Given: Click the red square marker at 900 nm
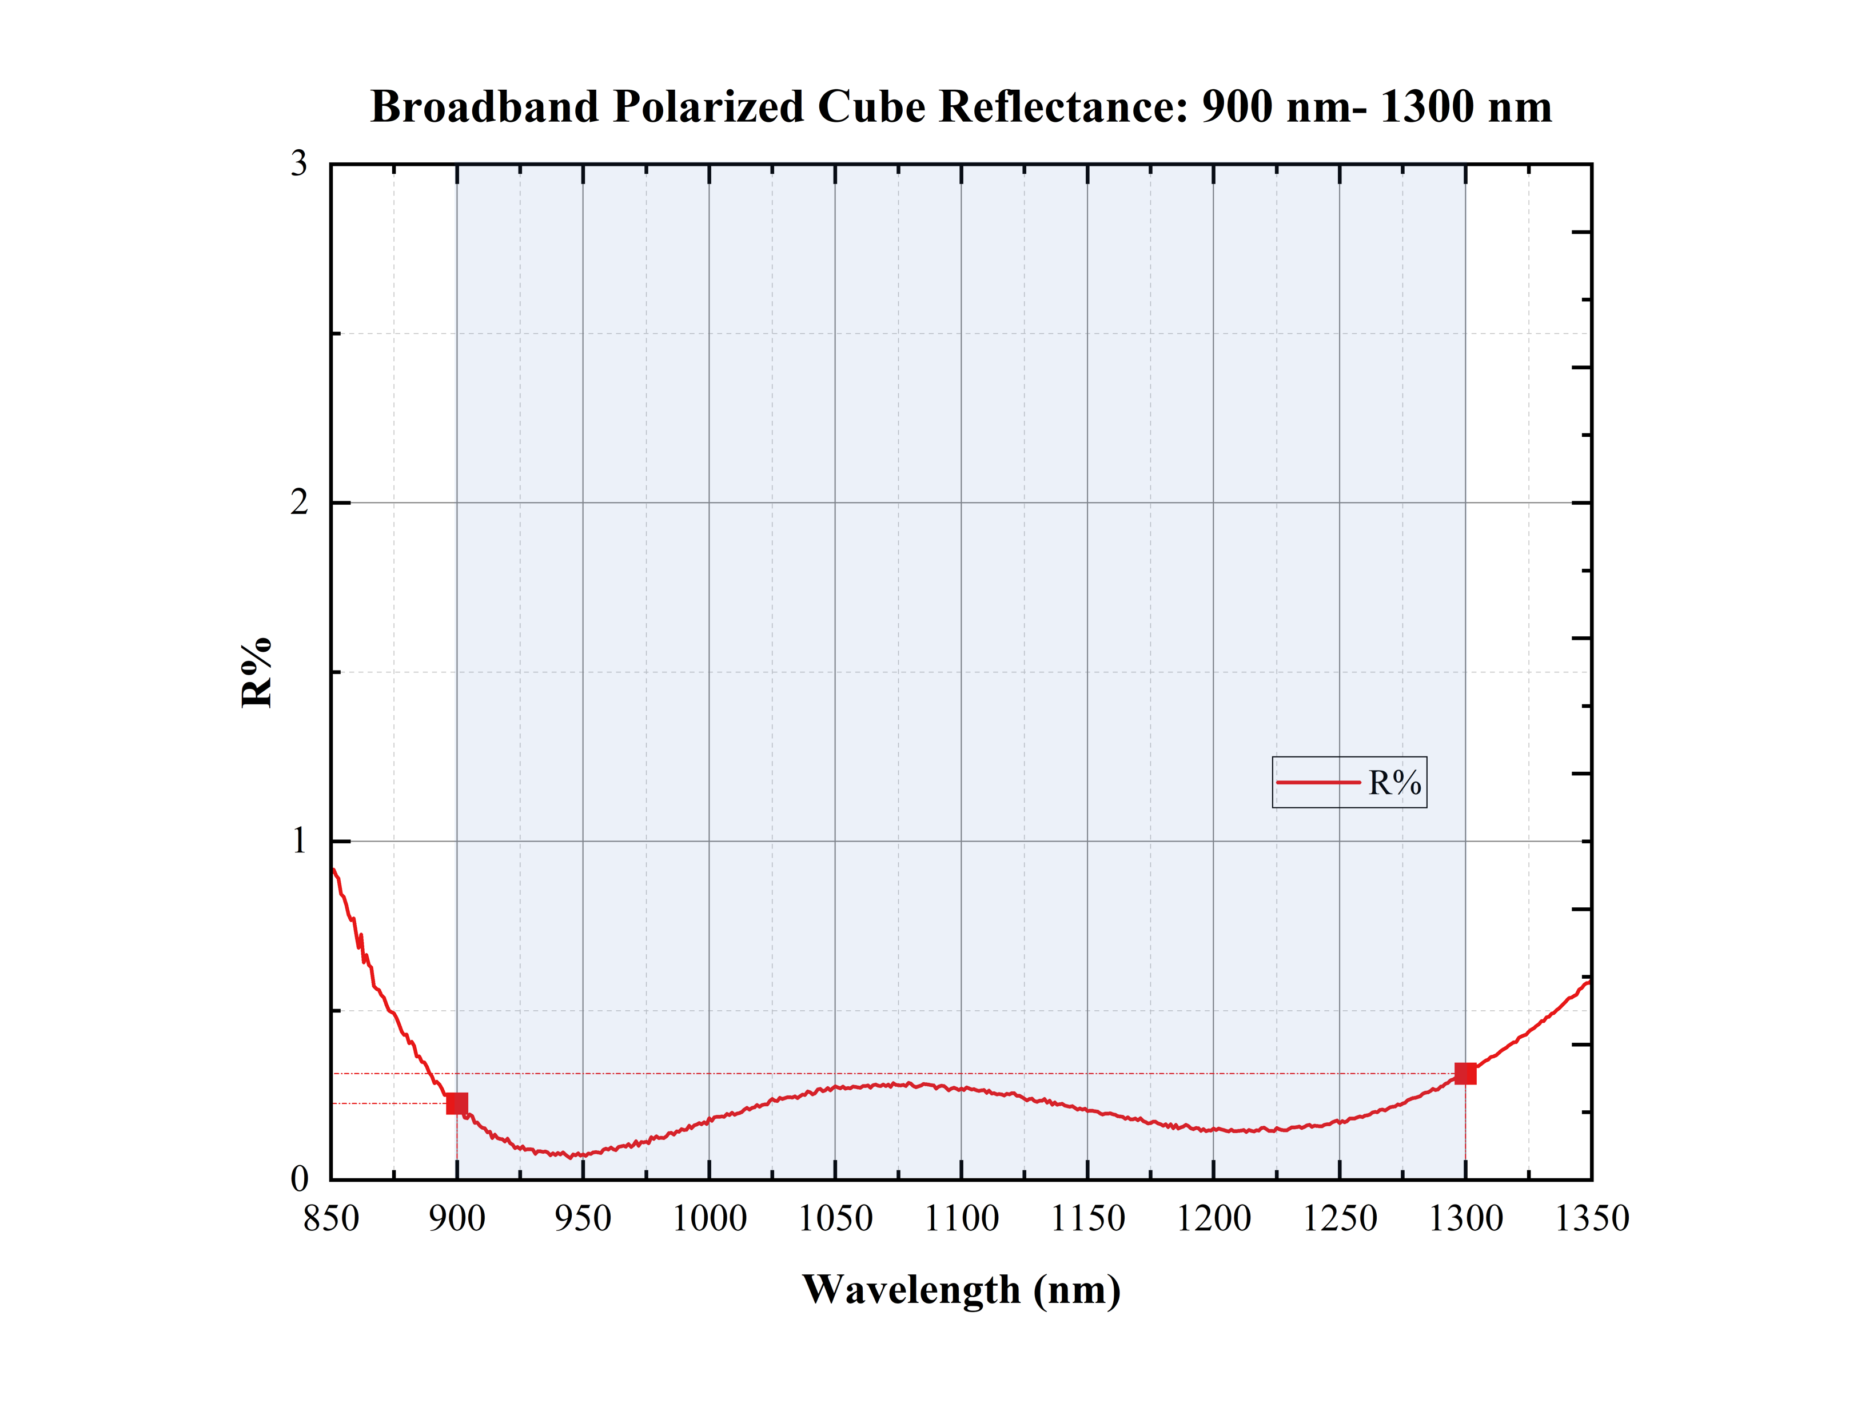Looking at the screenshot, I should pyautogui.click(x=457, y=1103).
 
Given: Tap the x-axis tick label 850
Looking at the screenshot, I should pyautogui.click(x=331, y=1219).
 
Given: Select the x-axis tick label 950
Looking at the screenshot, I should pyautogui.click(x=583, y=1219).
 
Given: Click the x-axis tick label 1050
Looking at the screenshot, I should pyautogui.click(x=835, y=1219).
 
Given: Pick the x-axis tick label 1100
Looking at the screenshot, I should pyautogui.click(x=961, y=1219).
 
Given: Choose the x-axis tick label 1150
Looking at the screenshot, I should pyautogui.click(x=1087, y=1219).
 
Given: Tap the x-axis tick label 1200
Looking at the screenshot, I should pyautogui.click(x=1213, y=1219).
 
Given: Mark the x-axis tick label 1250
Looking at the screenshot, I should pyautogui.click(x=1340, y=1219).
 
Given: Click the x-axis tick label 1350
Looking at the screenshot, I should pyautogui.click(x=1591, y=1219).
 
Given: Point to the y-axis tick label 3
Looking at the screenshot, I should pyautogui.click(x=299, y=164).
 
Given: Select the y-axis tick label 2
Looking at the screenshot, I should pyautogui.click(x=299, y=503).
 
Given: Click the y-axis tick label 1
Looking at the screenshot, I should pyautogui.click(x=299, y=840).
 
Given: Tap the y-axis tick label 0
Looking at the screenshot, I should pyautogui.click(x=299, y=1179).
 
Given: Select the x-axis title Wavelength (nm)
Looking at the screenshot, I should pyautogui.click(x=961, y=1290).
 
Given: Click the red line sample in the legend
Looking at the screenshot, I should pyautogui.click(x=1317, y=783).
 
